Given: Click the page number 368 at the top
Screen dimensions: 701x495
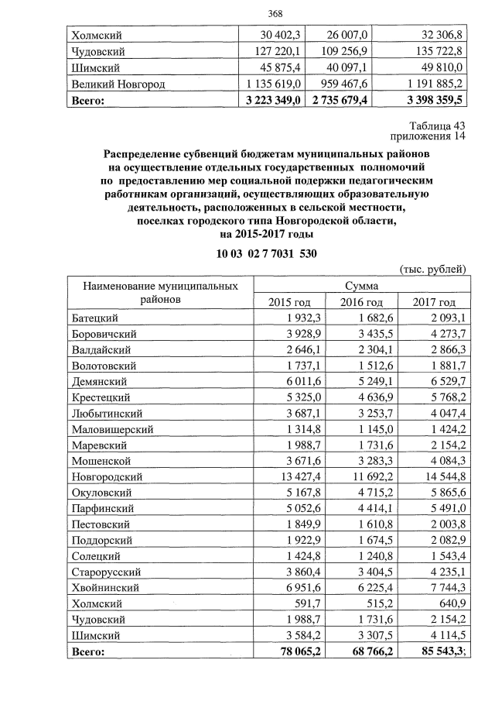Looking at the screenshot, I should [x=275, y=14].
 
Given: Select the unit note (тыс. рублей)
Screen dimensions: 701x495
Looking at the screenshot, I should [x=431, y=270].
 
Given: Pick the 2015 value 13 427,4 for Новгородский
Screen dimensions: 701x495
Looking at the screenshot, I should [x=282, y=476].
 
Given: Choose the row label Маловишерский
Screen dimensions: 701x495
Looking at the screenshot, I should [x=112, y=429].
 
